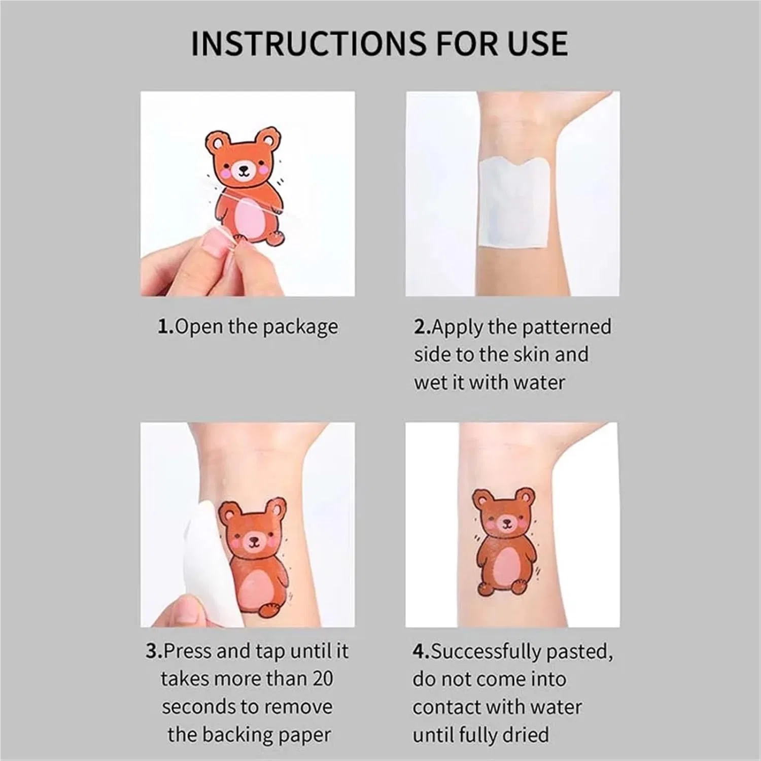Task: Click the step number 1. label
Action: pos(166,326)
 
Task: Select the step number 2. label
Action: pos(423,326)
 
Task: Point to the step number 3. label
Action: pos(154,651)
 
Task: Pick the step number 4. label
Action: pos(421,651)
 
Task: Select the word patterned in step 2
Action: pos(566,328)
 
